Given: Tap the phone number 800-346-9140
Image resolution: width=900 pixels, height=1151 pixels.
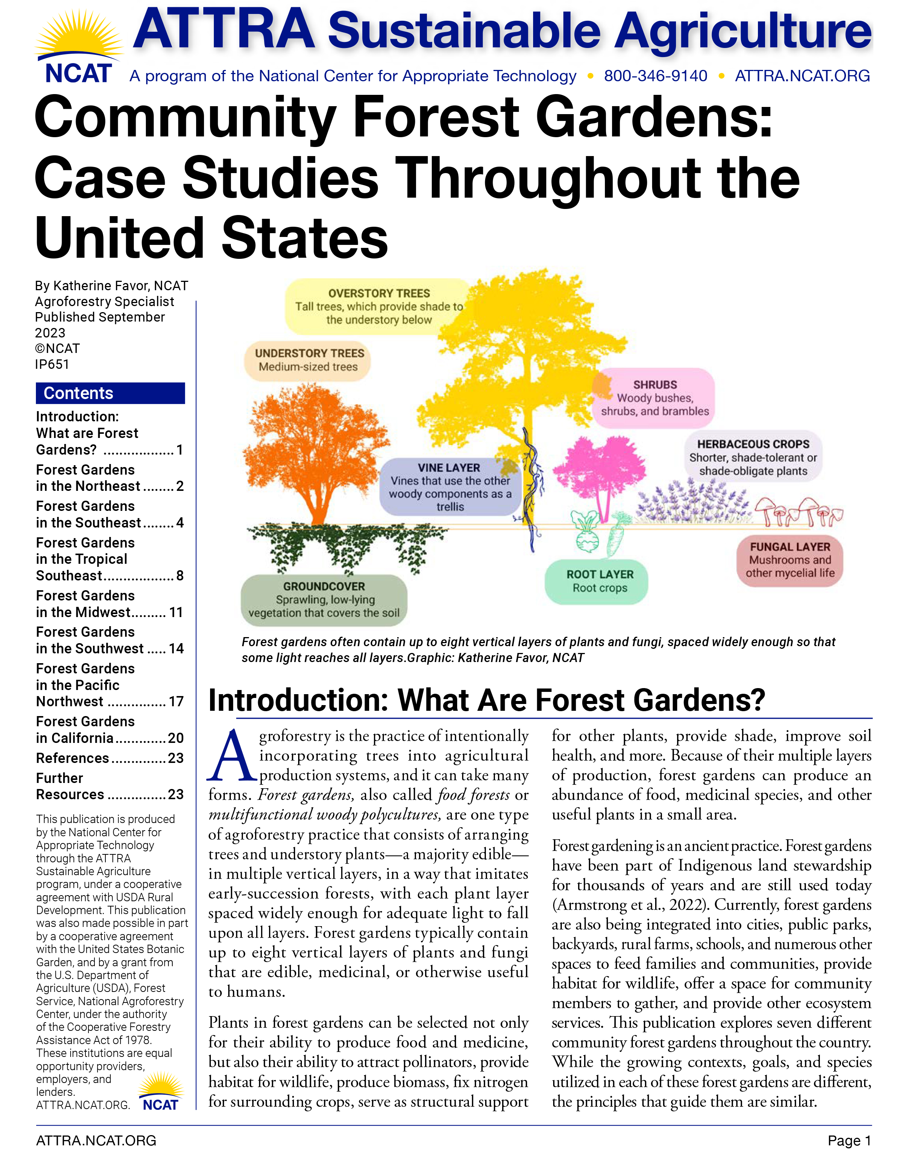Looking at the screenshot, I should [x=655, y=76].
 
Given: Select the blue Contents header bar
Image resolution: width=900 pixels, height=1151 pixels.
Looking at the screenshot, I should [x=110, y=393].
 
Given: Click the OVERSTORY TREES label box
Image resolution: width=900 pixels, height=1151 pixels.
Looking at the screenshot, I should [x=378, y=306].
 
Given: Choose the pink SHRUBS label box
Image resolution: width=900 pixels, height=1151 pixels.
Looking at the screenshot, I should [x=654, y=398].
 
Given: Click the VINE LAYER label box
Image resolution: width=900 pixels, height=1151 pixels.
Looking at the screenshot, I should [x=450, y=486].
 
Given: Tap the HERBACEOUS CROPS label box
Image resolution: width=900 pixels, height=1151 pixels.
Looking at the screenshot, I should [x=753, y=457].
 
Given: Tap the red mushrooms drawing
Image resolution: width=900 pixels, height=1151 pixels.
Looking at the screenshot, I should [x=798, y=511].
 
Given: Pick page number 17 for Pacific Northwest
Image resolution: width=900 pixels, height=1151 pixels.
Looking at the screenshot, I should [x=175, y=701].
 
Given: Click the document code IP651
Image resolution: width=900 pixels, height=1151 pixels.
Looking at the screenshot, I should [x=52, y=364].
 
